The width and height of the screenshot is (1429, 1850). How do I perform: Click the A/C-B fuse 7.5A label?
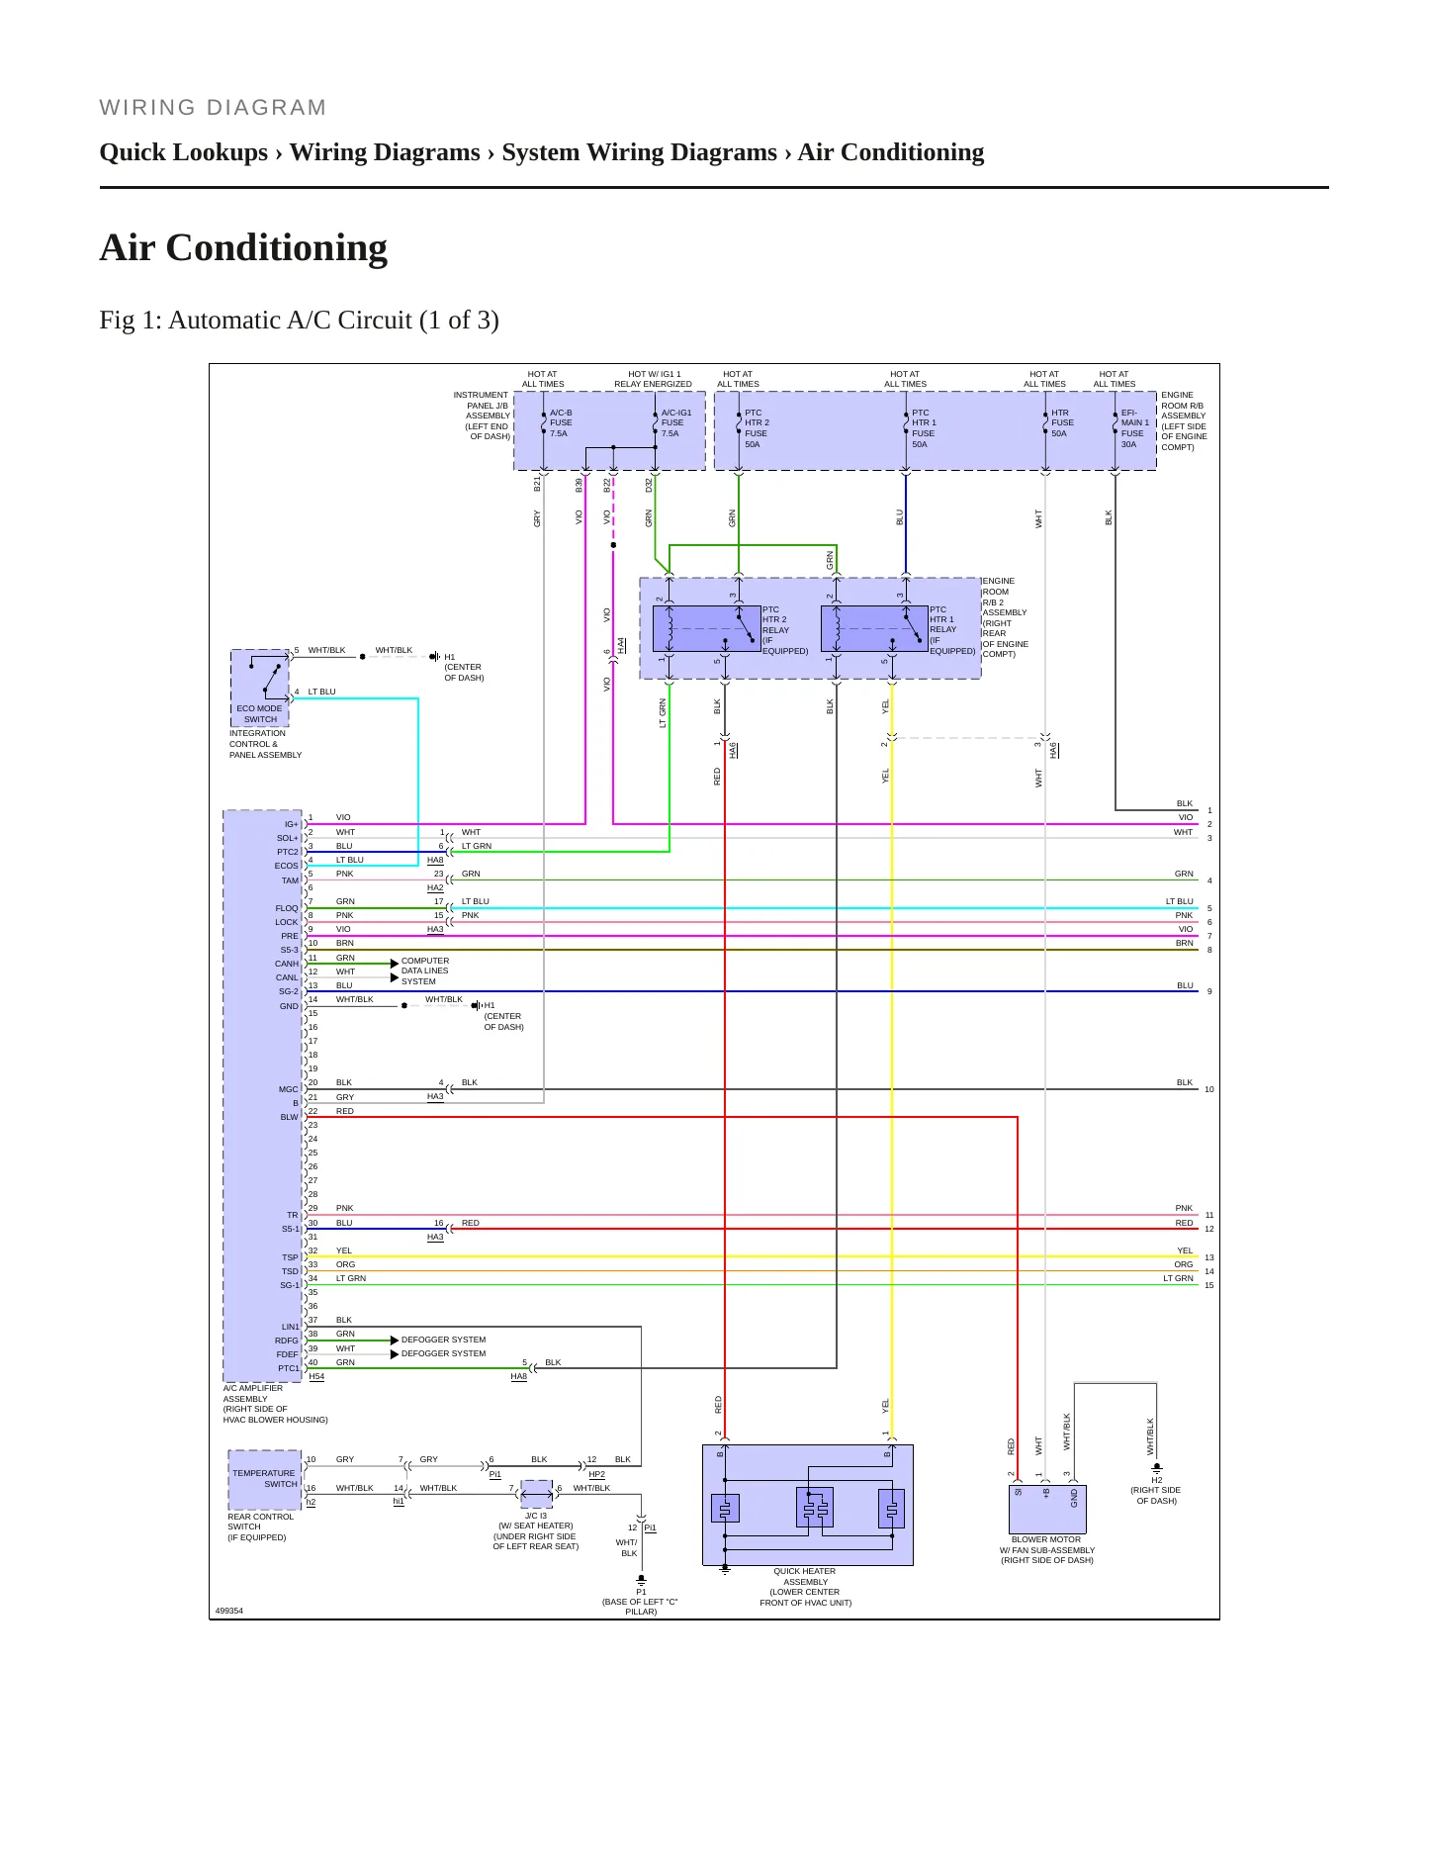pyautogui.click(x=561, y=423)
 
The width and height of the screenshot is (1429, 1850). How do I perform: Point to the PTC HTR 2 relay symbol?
pyautogui.click(x=706, y=628)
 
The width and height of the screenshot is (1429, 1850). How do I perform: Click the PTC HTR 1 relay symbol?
pyautogui.click(x=874, y=628)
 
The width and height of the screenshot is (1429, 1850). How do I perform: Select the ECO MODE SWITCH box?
pyautogui.click(x=260, y=688)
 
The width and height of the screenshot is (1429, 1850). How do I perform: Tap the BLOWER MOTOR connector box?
pyautogui.click(x=1047, y=1510)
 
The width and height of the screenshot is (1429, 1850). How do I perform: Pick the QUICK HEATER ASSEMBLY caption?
pyautogui.click(x=805, y=1587)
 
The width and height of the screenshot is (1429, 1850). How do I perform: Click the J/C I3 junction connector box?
pyautogui.click(x=536, y=1494)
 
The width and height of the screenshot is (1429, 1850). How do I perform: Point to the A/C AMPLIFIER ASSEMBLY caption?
pyautogui.click(x=275, y=1404)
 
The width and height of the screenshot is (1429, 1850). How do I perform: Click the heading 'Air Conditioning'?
pyautogui.click(x=243, y=247)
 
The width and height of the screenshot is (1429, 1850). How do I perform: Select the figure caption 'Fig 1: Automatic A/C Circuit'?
pyautogui.click(x=299, y=320)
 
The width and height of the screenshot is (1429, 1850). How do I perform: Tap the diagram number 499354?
pyautogui.click(x=228, y=1611)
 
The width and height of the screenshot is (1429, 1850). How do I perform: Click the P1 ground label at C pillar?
pyautogui.click(x=641, y=1592)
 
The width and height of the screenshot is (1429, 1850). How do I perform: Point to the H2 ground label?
pyautogui.click(x=1156, y=1480)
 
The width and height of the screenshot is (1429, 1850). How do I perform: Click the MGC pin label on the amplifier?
pyautogui.click(x=288, y=1089)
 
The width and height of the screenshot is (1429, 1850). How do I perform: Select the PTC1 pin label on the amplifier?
pyautogui.click(x=288, y=1368)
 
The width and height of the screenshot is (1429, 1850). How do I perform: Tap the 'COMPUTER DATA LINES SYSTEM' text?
pyautogui.click(x=425, y=971)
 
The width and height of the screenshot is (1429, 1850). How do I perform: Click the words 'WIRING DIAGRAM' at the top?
pyautogui.click(x=213, y=108)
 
